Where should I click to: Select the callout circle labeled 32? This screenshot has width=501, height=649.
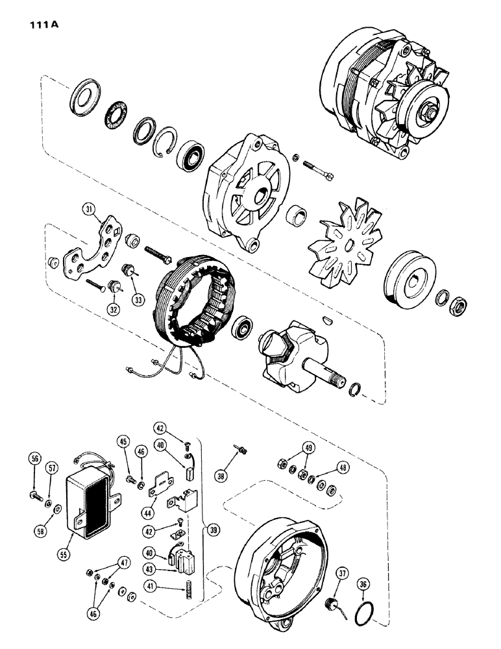tap(114, 310)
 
